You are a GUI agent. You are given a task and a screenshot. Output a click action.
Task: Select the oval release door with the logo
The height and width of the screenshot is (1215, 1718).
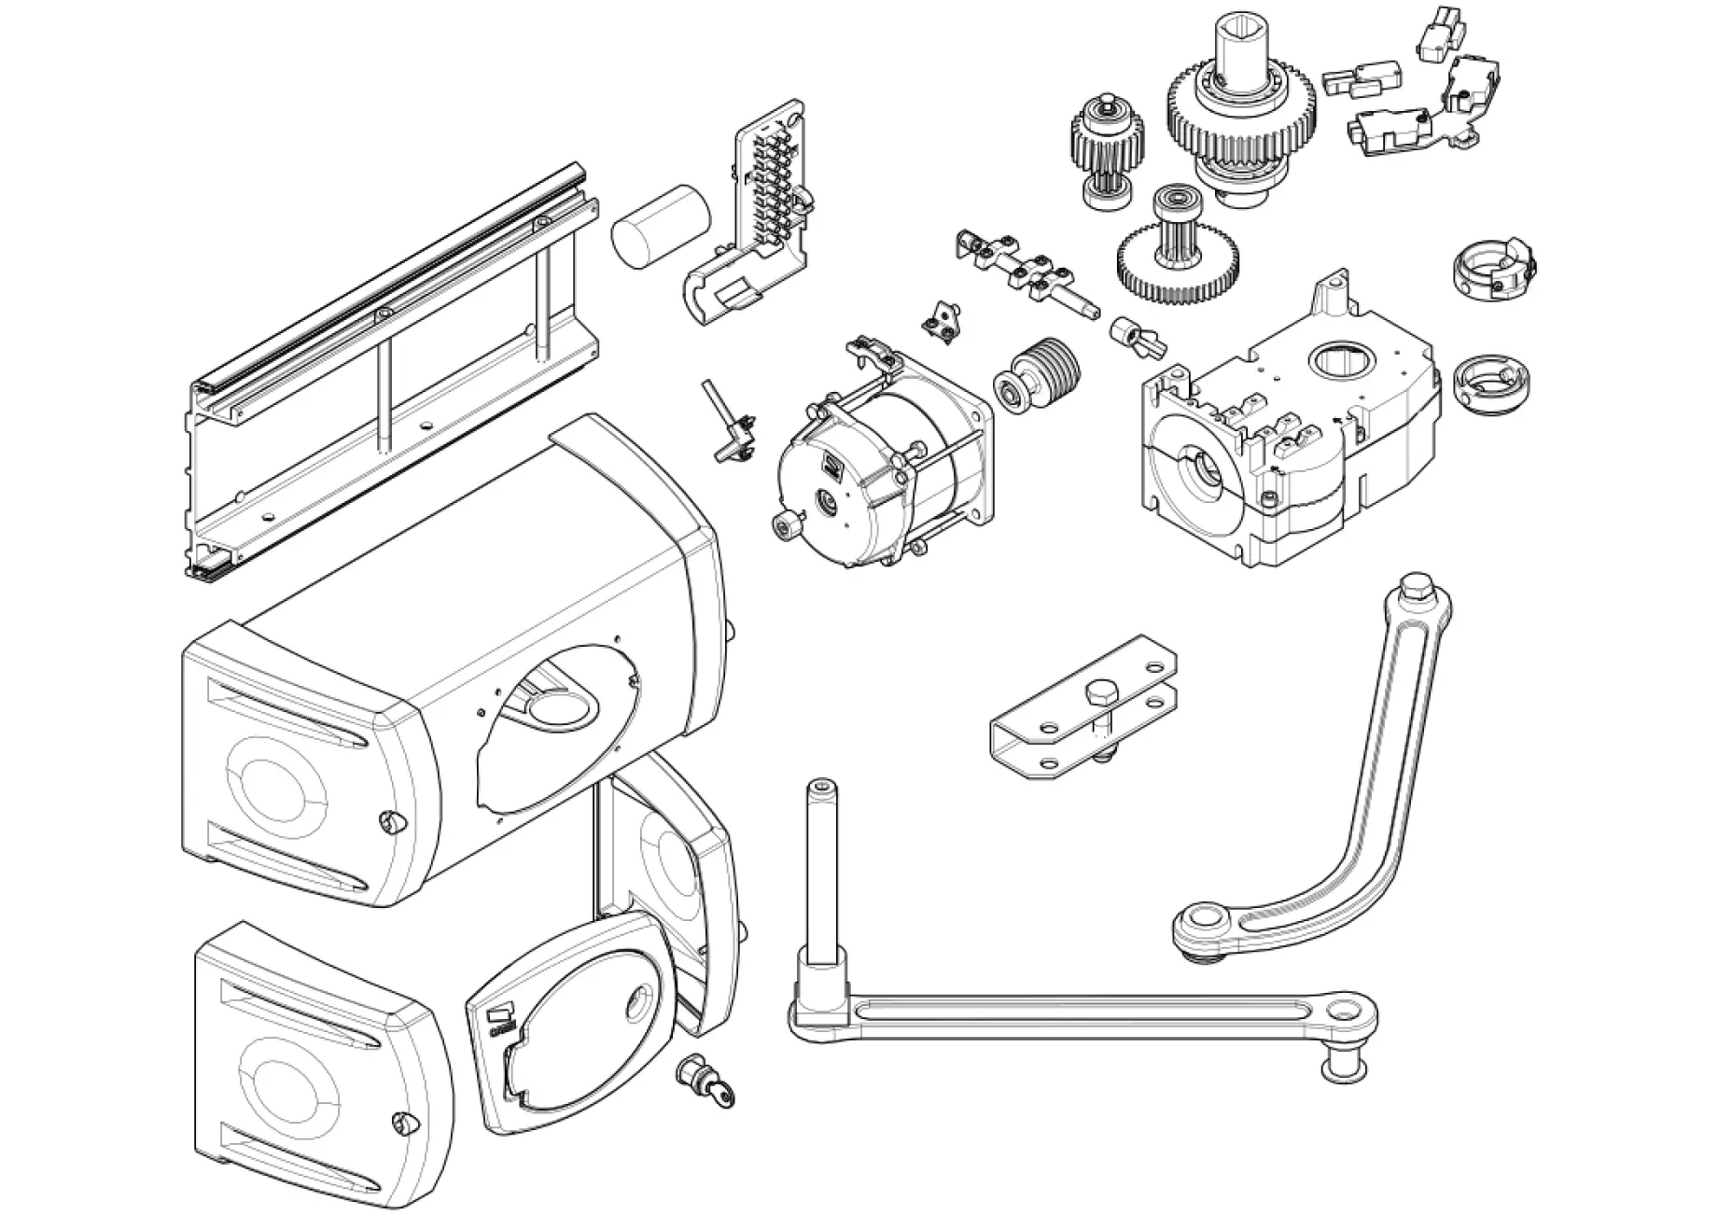[x=569, y=1026]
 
